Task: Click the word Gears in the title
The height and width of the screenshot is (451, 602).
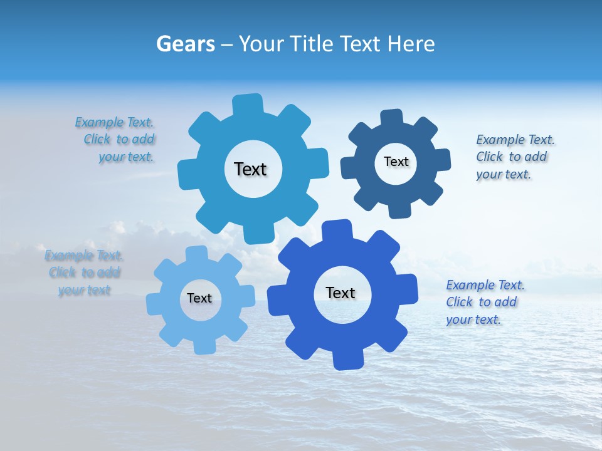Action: (x=185, y=44)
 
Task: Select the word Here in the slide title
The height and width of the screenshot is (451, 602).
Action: (x=411, y=44)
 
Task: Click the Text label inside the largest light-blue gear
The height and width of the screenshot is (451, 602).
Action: (x=250, y=169)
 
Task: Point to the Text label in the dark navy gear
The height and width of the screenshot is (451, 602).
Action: (x=396, y=162)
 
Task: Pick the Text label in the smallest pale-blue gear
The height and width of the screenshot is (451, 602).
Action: (x=199, y=298)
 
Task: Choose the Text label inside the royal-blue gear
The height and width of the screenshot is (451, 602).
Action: (x=341, y=293)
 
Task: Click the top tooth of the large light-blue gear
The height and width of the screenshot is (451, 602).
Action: (x=247, y=104)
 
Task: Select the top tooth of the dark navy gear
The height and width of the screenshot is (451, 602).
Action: (x=392, y=118)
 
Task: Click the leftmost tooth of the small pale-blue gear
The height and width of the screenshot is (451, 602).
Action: (x=154, y=304)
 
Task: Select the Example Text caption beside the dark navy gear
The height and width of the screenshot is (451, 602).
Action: (x=514, y=157)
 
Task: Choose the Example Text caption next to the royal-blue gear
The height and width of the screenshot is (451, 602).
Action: (x=484, y=302)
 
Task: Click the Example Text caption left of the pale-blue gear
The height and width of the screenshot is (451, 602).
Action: (x=83, y=272)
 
